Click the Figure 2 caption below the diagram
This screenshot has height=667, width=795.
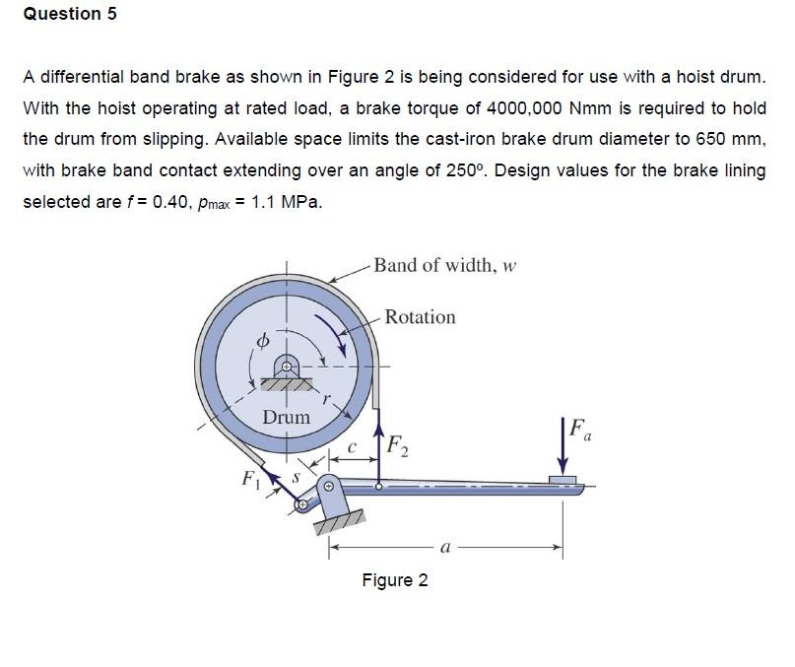394,579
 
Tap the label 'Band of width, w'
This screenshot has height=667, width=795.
445,266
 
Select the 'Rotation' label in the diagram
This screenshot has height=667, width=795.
420,317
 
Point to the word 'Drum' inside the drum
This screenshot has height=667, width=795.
286,418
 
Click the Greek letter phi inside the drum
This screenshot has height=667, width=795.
262,341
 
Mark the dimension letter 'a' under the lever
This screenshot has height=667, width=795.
445,548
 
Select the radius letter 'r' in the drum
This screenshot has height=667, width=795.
328,401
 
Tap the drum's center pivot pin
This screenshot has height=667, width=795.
287,367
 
